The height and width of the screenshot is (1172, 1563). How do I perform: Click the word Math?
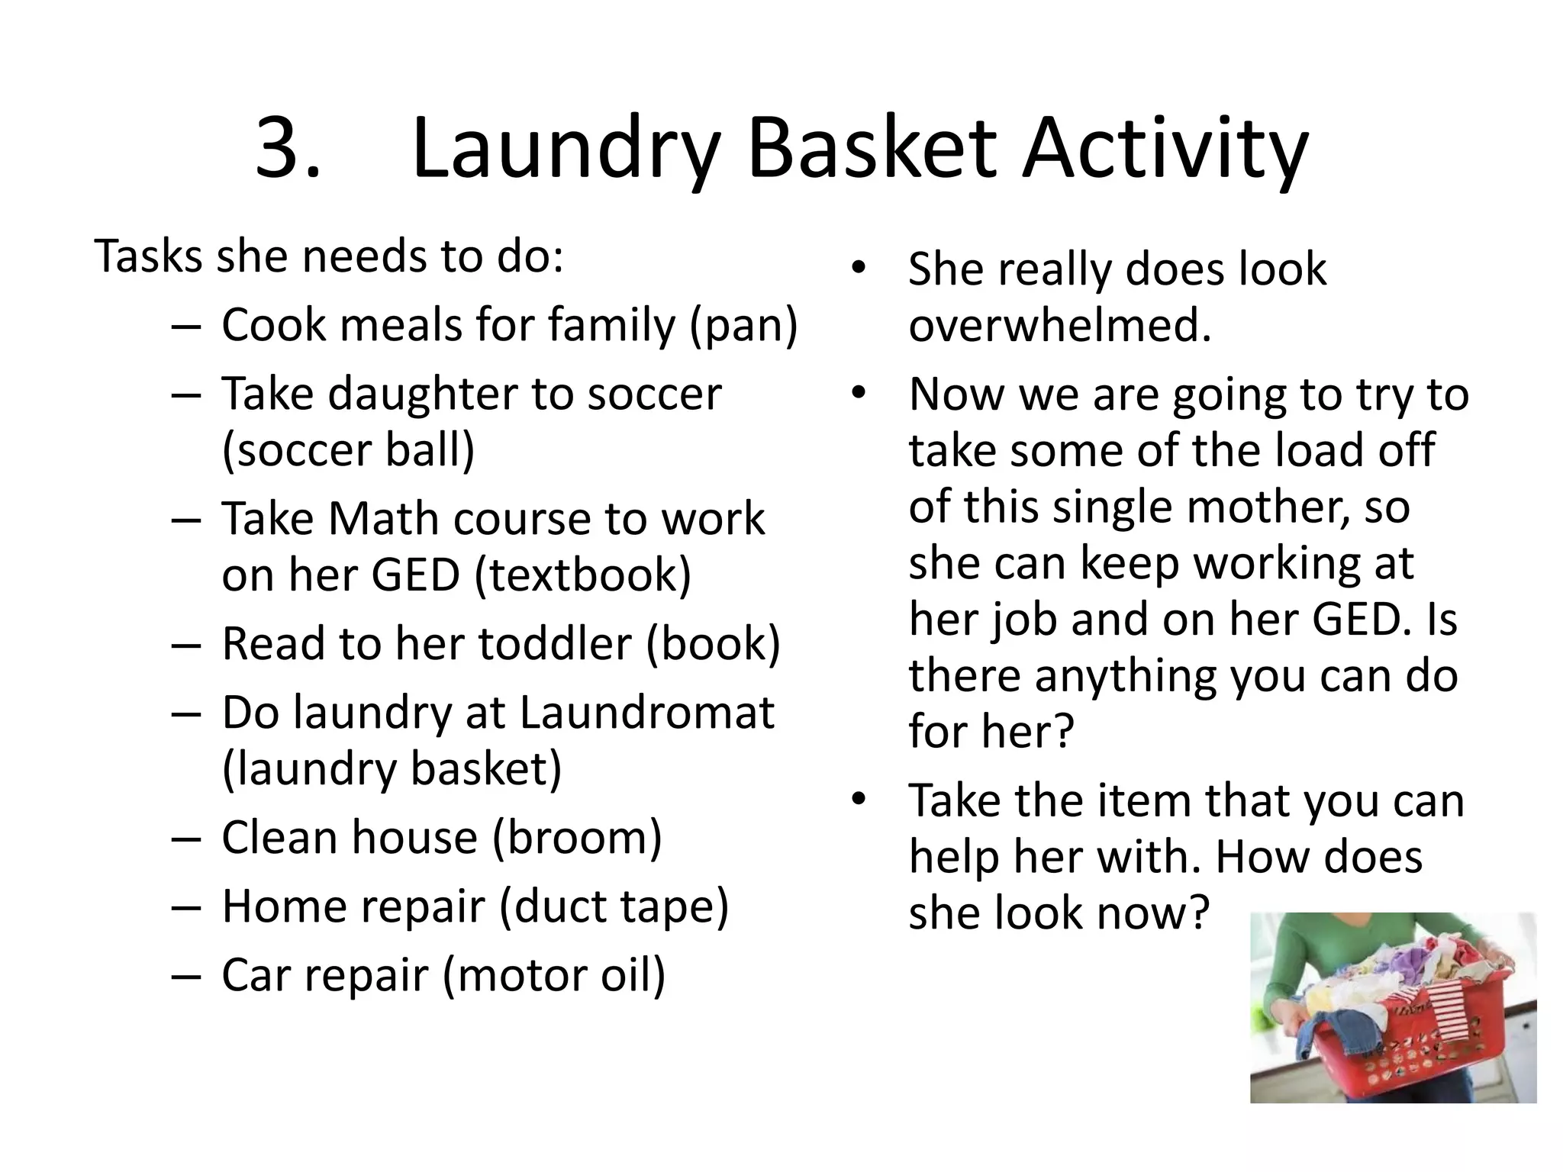[x=382, y=519]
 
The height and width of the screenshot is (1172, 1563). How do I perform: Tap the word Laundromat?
[x=646, y=713]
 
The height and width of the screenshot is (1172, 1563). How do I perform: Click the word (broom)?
[x=577, y=838]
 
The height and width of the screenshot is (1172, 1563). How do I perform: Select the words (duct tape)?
[x=614, y=906]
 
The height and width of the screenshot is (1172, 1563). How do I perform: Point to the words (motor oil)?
[x=553, y=976]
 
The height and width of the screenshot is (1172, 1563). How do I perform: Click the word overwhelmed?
[x=1059, y=326]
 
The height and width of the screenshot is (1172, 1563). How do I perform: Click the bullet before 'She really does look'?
[x=859, y=269]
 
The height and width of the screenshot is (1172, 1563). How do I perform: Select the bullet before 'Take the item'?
[x=859, y=800]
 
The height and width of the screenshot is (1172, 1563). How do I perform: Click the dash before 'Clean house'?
[x=186, y=838]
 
